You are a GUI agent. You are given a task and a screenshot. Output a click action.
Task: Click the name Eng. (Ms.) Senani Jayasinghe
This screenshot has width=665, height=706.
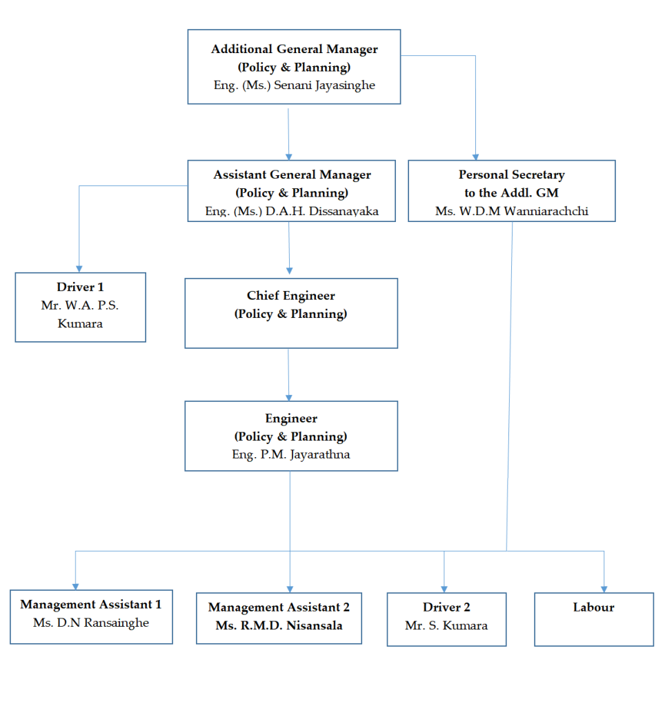[294, 85]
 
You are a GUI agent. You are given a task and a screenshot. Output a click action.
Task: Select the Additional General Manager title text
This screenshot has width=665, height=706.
[294, 50]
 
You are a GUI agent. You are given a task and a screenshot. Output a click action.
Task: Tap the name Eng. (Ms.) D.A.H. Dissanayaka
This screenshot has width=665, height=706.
[292, 212]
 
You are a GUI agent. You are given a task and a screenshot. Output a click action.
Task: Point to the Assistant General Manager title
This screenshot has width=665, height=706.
[292, 175]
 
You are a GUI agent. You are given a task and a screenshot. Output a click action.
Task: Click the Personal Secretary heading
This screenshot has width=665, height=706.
[511, 175]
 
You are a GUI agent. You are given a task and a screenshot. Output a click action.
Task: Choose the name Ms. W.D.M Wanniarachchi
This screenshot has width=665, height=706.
[511, 212]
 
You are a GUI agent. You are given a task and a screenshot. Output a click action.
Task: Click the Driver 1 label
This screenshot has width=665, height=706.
[80, 287]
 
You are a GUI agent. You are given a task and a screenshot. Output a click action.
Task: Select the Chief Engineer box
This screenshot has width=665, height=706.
[290, 313]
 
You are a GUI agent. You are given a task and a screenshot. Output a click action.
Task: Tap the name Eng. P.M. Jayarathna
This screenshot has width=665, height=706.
[290, 455]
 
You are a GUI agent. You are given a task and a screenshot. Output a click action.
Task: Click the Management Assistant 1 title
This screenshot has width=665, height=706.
[91, 605]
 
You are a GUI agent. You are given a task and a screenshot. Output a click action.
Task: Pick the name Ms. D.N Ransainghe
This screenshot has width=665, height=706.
[91, 623]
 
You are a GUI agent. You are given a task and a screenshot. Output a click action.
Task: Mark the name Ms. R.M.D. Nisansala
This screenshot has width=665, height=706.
[279, 626]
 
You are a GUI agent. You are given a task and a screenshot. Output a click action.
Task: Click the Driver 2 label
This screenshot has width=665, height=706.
[446, 607]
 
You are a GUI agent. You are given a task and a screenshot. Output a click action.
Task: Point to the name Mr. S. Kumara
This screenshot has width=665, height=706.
[446, 626]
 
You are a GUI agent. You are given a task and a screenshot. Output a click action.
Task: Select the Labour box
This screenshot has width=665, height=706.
[593, 618]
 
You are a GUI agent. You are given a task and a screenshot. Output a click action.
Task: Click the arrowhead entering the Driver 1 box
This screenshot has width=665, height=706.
[79, 268]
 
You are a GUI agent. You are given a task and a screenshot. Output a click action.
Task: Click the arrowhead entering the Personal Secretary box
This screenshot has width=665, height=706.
[475, 156]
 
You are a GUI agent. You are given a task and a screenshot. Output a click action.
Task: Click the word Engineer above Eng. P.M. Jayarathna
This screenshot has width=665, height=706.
[290, 418]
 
